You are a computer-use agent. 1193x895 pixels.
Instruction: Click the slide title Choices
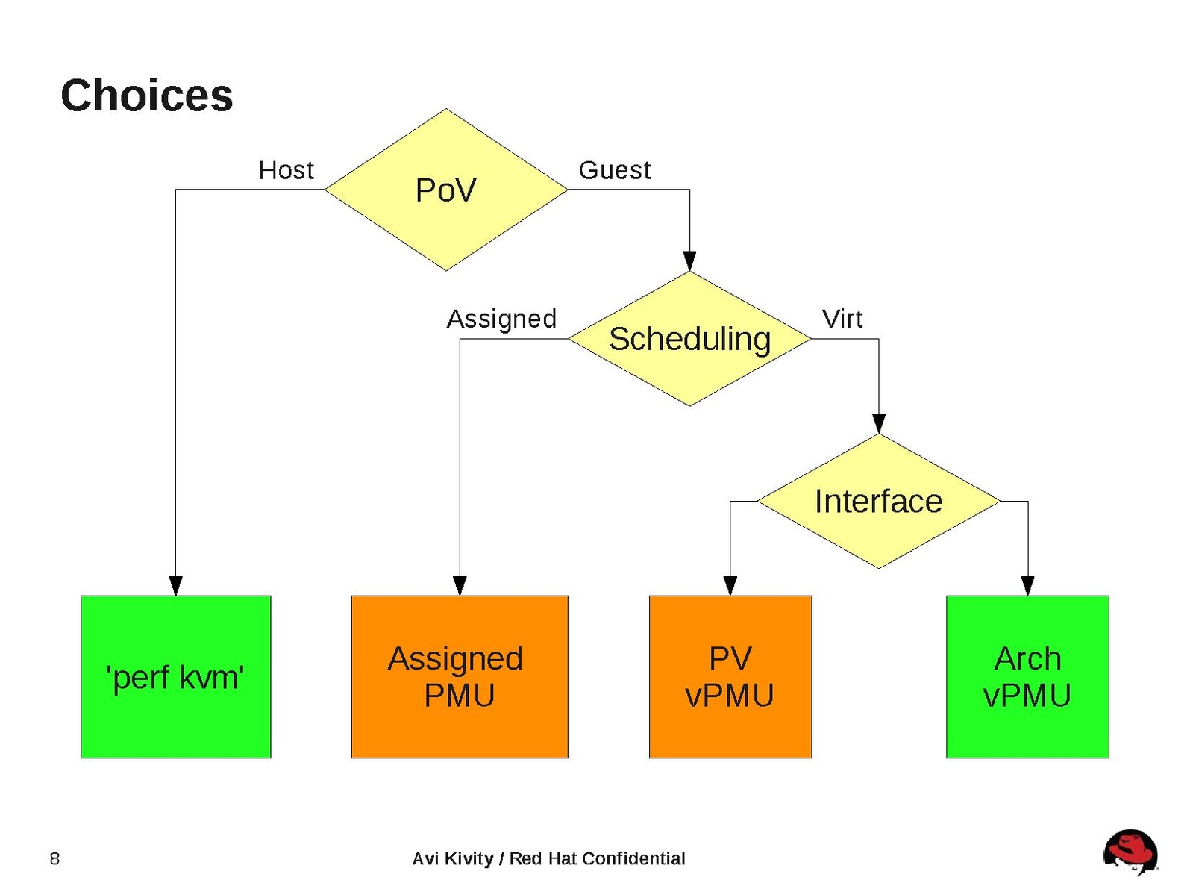coord(146,96)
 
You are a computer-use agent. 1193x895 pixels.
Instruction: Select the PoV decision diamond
coord(445,190)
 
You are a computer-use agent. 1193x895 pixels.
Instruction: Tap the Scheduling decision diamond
coord(689,339)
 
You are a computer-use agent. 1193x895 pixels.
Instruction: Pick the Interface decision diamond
coord(878,501)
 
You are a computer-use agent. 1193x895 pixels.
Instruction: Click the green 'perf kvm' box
coord(175,676)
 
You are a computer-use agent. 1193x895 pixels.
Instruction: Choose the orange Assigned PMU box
coord(459,676)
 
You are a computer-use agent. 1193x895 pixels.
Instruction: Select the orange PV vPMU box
coord(730,676)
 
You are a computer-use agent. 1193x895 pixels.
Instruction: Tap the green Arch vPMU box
coord(1027,676)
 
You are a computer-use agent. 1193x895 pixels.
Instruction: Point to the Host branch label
coord(286,170)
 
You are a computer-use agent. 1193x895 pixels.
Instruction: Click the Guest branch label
coord(614,170)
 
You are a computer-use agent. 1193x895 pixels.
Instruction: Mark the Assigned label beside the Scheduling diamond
coord(501,319)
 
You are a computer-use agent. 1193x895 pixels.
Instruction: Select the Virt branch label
coord(842,319)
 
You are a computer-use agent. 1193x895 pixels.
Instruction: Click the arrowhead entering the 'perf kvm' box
coord(175,586)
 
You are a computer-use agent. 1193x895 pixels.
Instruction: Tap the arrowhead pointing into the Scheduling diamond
coord(689,261)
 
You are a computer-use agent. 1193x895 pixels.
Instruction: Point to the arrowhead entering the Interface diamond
coord(878,423)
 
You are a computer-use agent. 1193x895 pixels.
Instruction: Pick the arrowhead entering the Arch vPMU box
coord(1027,586)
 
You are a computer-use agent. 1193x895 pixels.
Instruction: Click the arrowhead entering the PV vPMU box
coord(730,586)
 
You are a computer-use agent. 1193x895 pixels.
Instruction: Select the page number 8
coord(54,858)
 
